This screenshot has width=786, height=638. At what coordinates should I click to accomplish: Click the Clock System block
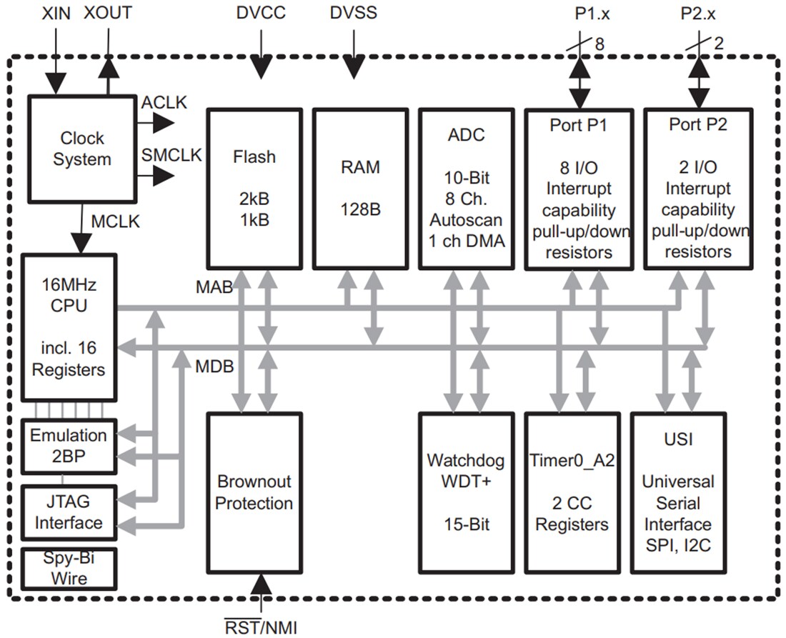coord(81,149)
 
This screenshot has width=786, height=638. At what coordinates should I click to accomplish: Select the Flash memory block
coord(254,188)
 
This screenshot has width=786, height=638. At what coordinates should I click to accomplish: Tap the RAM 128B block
coord(360,188)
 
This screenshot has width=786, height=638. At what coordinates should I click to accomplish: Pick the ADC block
coord(466,188)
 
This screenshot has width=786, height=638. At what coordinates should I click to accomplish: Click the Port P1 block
coord(579,188)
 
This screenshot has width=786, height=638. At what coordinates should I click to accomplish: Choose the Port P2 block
coord(698,188)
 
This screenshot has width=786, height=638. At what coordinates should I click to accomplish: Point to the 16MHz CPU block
coord(69,327)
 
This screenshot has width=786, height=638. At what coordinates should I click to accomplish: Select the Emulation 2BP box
coord(69,446)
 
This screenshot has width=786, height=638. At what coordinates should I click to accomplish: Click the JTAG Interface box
coord(69,512)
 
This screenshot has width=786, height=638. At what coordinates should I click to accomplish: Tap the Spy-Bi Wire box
coord(69,567)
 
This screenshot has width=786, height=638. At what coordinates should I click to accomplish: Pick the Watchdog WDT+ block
coord(466,492)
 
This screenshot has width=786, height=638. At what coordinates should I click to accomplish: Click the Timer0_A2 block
coord(571,492)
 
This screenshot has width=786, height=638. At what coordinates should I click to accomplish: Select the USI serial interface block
coord(678,492)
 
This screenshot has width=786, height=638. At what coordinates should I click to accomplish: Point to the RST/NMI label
coord(261,627)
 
